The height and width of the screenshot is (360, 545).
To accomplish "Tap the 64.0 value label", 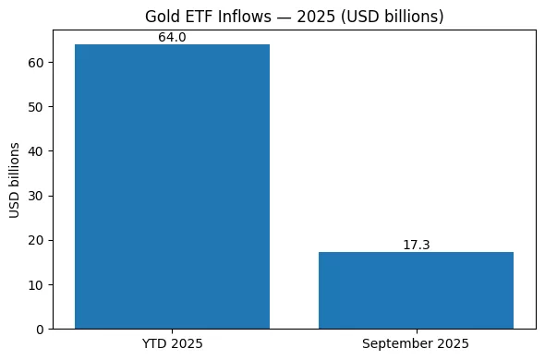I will click(x=172, y=38).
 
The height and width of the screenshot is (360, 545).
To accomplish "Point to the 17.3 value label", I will click(x=416, y=246).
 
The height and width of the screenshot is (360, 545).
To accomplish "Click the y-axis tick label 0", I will click(x=39, y=329).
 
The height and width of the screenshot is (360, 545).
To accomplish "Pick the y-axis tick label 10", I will click(x=35, y=284).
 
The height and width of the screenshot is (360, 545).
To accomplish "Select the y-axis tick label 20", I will click(x=35, y=240).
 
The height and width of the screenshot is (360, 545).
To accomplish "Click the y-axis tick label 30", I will click(x=35, y=196).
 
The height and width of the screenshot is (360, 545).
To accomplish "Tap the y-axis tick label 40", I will click(x=35, y=151).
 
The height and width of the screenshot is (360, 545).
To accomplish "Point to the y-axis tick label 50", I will click(x=35, y=107).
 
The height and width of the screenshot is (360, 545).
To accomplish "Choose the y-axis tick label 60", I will click(x=35, y=63).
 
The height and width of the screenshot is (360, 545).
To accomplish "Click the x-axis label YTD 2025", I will click(x=172, y=343).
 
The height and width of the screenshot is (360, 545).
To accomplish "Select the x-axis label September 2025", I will click(x=416, y=343).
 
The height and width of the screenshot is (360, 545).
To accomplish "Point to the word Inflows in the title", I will click(x=237, y=16).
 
